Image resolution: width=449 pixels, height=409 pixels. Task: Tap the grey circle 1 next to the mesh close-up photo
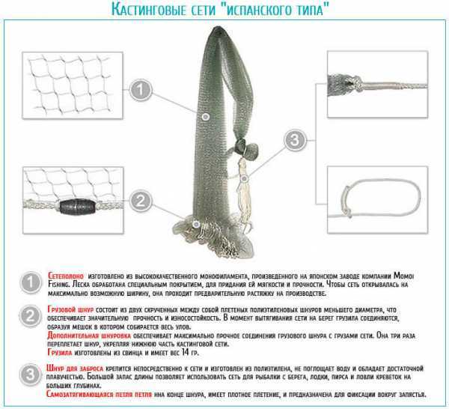coord(138,91)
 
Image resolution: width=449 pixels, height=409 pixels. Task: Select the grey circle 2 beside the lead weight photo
coord(138,200)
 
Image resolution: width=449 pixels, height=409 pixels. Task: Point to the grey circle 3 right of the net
coord(296,139)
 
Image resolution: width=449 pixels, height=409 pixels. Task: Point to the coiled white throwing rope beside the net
coord(247,191)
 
